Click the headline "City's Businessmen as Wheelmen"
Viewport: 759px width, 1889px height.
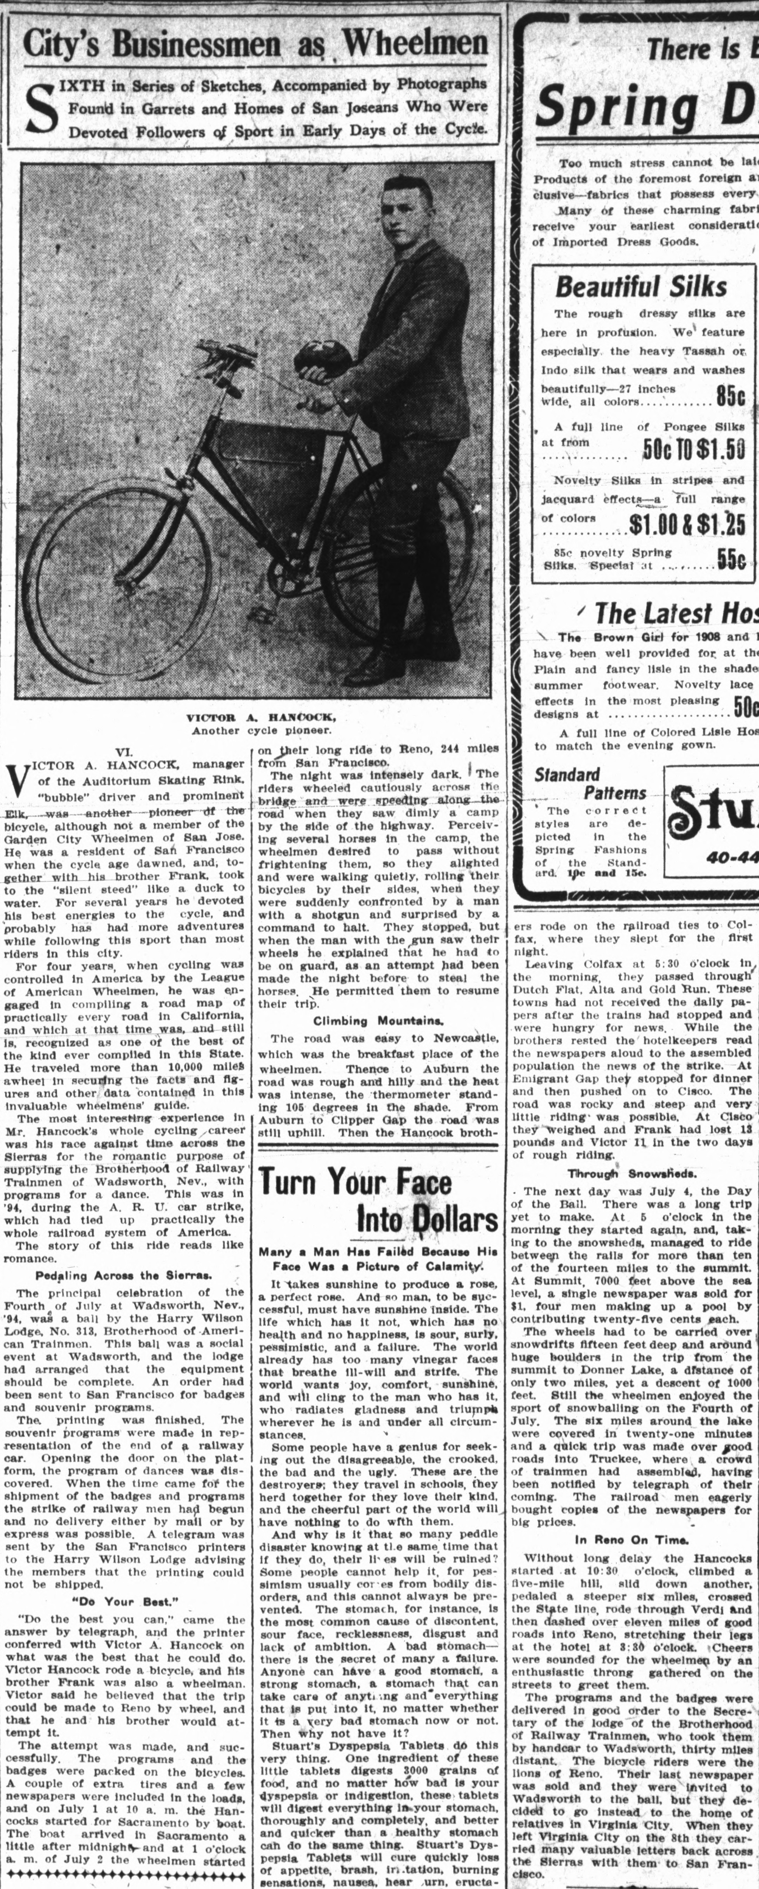(x=255, y=42)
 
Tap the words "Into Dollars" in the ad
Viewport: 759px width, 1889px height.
(x=427, y=1219)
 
